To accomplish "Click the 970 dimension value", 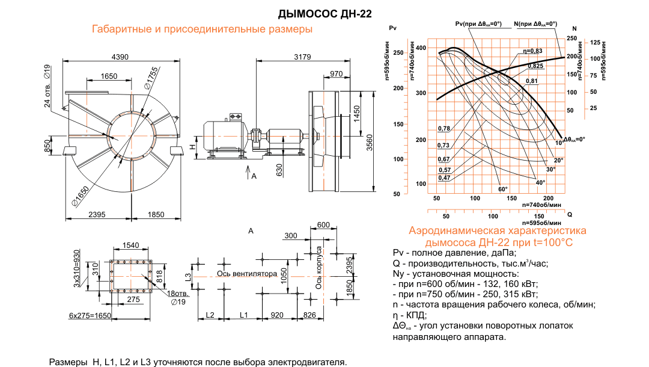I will [x=336, y=74].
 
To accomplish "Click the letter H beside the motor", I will [x=192, y=147].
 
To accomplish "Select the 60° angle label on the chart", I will [x=502, y=190].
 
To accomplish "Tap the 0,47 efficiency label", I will [x=444, y=177].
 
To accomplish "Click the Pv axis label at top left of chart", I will [x=394, y=28].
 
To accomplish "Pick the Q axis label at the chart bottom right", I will [x=569, y=214].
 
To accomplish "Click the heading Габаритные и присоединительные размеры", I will [x=202, y=29].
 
